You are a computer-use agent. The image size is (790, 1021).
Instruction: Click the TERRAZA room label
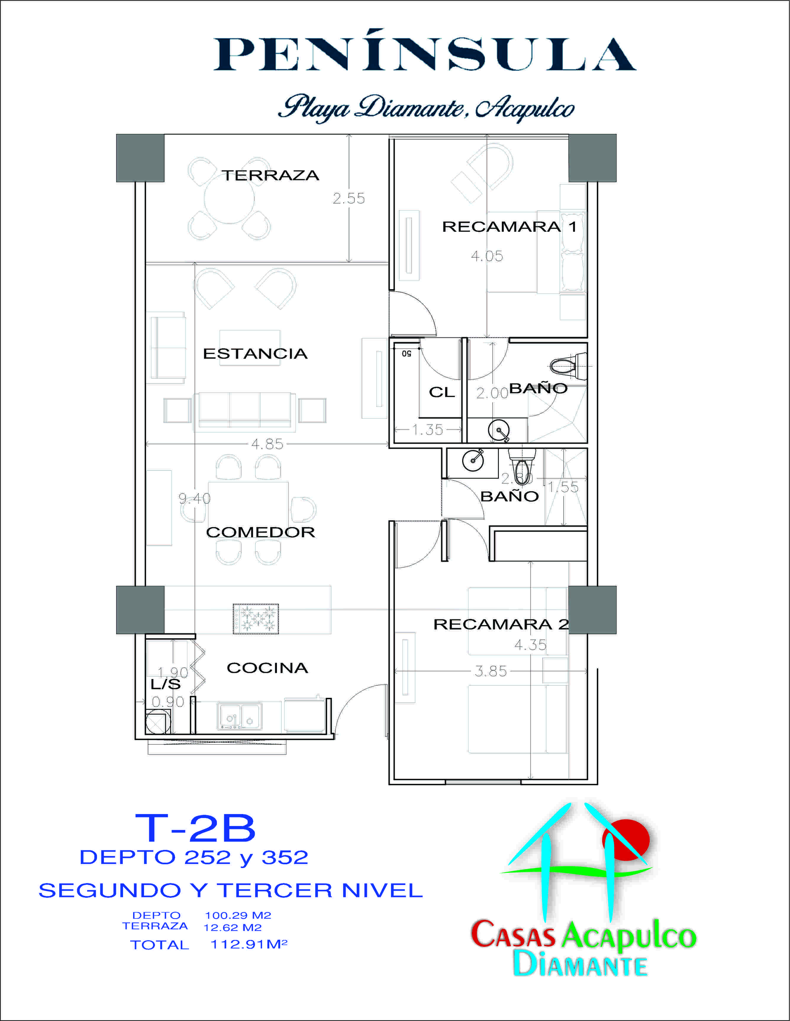coord(270,175)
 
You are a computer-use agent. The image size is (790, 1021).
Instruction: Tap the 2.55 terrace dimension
coord(349,198)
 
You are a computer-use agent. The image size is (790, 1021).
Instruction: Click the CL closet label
coord(441,392)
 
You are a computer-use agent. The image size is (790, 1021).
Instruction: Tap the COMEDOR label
coord(261,532)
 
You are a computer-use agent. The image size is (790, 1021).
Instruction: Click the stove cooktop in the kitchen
coord(256,619)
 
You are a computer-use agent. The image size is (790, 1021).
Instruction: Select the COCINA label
coord(267,668)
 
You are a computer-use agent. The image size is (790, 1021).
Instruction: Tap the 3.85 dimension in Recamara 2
coord(491,671)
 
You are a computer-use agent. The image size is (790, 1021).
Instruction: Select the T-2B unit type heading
coord(195,828)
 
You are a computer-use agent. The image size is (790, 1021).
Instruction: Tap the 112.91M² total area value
coord(249,944)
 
